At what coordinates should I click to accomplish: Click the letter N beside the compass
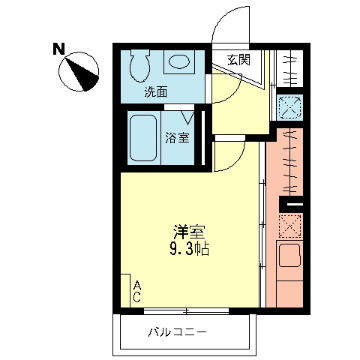coord(58,50)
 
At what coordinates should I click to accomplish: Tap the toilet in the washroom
coord(139,67)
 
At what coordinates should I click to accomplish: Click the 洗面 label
coord(156,91)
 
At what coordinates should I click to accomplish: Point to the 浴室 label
coord(177,137)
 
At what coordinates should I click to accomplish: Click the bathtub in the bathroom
coord(142,137)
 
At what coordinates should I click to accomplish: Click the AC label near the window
coord(137,291)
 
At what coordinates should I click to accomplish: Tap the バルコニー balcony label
coord(177,331)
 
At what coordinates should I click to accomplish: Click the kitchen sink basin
coord(289,258)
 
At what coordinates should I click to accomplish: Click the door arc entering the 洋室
coord(229,155)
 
